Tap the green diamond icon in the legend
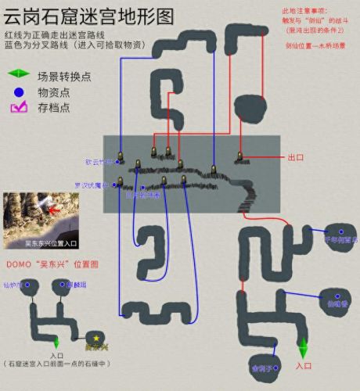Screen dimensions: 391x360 click(x=17, y=75)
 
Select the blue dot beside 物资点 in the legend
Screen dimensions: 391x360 click(x=17, y=92)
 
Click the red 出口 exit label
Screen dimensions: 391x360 click(x=295, y=157)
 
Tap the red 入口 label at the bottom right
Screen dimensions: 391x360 click(x=304, y=365)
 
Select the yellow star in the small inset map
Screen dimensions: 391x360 click(x=96, y=338)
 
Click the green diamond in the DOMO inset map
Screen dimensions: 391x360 click(x=56, y=342)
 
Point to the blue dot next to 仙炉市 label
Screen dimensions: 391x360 click(x=26, y=285)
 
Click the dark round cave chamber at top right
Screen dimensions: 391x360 click(x=252, y=105)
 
